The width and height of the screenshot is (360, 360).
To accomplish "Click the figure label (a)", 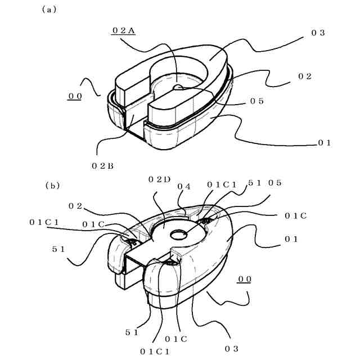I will click(x=49, y=10).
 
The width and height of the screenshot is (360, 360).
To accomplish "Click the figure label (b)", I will click(x=53, y=184).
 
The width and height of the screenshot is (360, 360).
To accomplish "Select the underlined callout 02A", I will click(x=123, y=31).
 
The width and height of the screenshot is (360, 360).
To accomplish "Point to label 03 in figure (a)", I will click(x=318, y=33).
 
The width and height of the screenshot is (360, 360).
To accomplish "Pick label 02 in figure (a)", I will click(x=305, y=76).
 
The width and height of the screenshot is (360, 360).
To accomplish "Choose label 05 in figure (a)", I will click(x=257, y=101).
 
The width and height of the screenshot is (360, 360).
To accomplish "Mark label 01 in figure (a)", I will click(x=325, y=143).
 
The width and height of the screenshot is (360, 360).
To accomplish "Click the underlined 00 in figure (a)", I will click(x=75, y=96).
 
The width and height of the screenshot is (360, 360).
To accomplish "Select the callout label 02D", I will click(x=159, y=179).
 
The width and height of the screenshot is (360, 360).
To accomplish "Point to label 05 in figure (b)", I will click(x=274, y=183).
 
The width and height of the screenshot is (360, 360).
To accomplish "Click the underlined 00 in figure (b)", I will click(x=245, y=279).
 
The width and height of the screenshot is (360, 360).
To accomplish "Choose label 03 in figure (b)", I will click(x=232, y=349).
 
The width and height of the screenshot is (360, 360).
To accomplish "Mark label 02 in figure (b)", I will click(x=75, y=206).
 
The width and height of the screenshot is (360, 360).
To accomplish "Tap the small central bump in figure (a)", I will click(x=178, y=87).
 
